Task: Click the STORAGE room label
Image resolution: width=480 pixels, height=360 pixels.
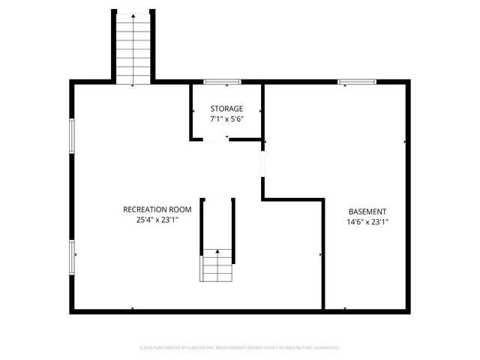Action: click(226, 109)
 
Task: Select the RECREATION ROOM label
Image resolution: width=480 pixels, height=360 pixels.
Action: click(157, 209)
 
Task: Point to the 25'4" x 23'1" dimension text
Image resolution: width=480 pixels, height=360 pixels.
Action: click(157, 220)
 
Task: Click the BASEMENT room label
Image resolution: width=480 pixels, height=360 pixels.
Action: click(367, 211)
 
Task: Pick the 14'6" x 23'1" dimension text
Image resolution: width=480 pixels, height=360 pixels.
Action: click(367, 222)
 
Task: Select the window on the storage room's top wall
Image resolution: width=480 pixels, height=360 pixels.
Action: click(223, 81)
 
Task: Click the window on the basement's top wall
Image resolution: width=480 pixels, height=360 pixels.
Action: click(355, 81)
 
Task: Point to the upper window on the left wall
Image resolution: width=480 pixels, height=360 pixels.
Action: click(72, 135)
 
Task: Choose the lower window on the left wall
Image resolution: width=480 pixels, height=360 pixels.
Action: click(72, 257)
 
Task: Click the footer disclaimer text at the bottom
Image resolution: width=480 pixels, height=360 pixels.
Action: click(240, 348)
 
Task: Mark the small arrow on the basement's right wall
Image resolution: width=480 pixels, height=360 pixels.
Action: click(405, 141)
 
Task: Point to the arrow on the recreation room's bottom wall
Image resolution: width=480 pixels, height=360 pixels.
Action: click(133, 308)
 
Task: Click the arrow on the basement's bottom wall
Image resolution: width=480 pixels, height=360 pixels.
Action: click(346, 308)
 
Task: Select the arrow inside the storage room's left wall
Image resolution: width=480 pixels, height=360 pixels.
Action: click(194, 111)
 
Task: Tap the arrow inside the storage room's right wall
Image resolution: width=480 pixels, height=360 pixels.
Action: click(259, 111)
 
